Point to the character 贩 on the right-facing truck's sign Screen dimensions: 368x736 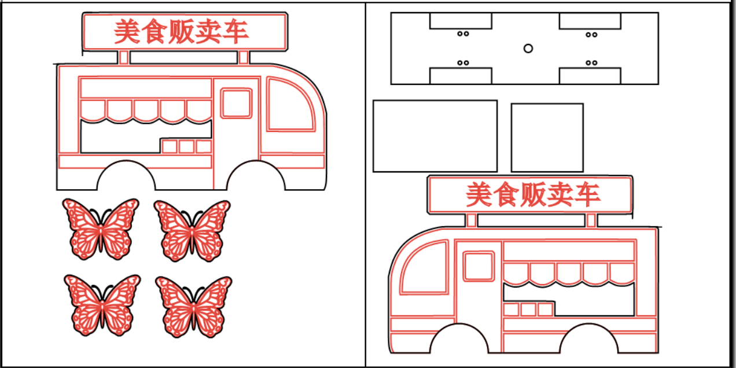(x=182, y=31)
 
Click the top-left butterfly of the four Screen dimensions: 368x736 (x=101, y=229)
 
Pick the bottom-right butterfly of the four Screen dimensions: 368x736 (x=194, y=306)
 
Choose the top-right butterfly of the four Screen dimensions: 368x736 (x=192, y=230)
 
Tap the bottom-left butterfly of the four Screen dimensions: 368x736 (x=102, y=305)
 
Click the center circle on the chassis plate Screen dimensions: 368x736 (x=528, y=49)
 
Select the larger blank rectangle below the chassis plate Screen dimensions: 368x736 (x=435, y=136)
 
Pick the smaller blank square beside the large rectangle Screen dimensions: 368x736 (x=547, y=138)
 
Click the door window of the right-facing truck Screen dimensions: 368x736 (x=237, y=104)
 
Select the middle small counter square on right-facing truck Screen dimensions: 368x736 (x=186, y=146)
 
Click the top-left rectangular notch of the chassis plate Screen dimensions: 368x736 (x=461, y=21)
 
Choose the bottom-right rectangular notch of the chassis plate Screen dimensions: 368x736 (x=590, y=76)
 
